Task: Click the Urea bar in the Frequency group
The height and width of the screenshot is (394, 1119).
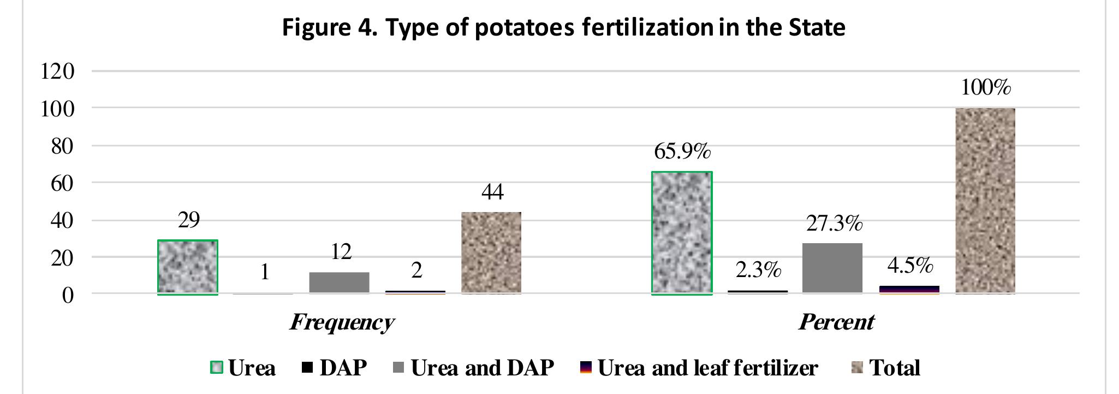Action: [188, 267]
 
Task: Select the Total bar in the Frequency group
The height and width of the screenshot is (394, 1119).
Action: [491, 253]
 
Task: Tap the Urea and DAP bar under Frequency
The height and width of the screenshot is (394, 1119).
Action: [339, 283]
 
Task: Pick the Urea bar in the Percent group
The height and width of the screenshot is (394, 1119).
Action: [682, 233]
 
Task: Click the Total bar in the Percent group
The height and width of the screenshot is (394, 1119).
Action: [985, 201]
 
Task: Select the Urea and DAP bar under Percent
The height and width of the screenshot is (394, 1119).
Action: [832, 268]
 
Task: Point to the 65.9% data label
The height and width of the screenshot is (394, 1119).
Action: [682, 151]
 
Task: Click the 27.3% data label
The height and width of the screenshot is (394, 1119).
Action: [834, 224]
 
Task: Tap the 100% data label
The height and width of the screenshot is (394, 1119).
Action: [986, 87]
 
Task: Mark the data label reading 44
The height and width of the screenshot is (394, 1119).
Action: [492, 192]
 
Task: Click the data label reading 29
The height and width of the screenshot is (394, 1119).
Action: [189, 220]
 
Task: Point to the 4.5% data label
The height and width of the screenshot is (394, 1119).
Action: [910, 266]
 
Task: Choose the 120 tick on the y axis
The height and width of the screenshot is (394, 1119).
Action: [57, 71]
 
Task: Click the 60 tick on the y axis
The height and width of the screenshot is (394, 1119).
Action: [62, 183]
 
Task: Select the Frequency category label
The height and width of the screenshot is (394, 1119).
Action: [342, 322]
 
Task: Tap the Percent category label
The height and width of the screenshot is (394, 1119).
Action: [836, 322]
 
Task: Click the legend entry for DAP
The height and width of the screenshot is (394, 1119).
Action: [335, 368]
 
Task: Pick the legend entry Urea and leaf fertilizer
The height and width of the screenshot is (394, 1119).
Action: [699, 368]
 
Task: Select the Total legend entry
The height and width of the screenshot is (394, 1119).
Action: [886, 368]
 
